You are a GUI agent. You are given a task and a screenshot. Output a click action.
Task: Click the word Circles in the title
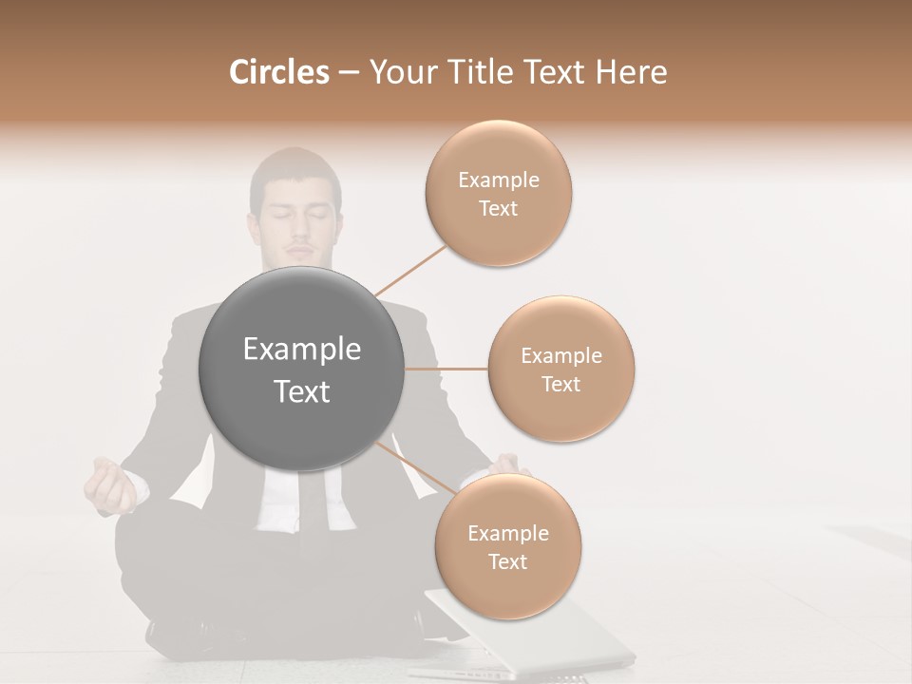click(x=278, y=72)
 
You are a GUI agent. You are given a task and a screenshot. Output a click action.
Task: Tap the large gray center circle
click(x=302, y=369)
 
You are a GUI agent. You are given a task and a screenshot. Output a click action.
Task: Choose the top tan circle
click(x=498, y=193)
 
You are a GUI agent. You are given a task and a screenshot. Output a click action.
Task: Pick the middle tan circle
click(x=560, y=369)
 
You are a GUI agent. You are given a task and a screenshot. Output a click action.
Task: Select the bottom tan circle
click(x=507, y=546)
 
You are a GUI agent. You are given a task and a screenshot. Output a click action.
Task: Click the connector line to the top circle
click(x=410, y=270)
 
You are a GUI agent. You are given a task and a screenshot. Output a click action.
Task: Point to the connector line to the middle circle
click(x=446, y=369)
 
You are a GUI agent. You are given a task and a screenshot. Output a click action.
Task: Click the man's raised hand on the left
click(x=111, y=484)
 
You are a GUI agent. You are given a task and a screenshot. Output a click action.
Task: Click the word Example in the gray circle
click(x=302, y=350)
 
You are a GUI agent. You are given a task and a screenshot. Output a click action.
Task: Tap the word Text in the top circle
click(x=498, y=208)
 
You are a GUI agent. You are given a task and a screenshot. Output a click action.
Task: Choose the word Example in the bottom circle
click(x=507, y=533)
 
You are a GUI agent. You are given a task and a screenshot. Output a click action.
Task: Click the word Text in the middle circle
click(x=560, y=384)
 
